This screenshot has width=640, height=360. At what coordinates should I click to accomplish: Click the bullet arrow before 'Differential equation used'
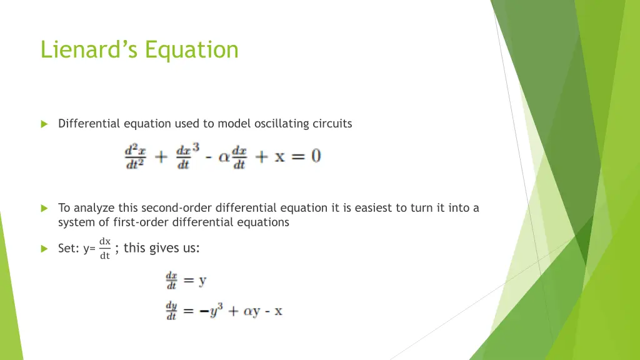click(44, 124)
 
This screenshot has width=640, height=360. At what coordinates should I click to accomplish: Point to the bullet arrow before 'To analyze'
click(44, 208)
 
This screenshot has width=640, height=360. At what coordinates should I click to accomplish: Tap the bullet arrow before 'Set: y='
click(44, 249)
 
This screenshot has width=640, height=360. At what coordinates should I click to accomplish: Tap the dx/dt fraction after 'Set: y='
click(105, 248)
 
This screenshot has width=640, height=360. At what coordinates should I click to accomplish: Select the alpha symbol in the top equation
click(224, 156)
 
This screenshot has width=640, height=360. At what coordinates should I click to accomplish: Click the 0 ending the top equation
click(316, 155)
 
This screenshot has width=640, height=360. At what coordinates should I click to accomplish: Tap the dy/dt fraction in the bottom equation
click(171, 311)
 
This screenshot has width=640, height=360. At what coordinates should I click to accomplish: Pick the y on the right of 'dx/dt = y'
click(202, 281)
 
